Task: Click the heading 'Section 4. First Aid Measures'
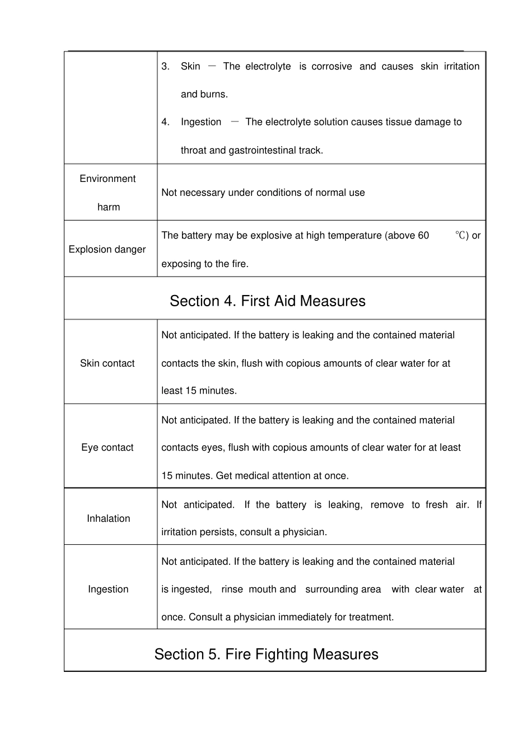(x=267, y=301)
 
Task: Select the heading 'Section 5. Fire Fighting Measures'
(x=266, y=654)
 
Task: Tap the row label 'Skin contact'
(x=108, y=363)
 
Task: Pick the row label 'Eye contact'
(x=108, y=447)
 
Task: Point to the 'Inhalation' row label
(x=108, y=518)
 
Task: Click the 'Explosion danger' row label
(x=107, y=249)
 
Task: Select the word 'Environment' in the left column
(x=108, y=179)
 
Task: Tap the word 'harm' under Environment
(x=108, y=207)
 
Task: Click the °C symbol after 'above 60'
(x=460, y=235)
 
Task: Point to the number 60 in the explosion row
(x=423, y=236)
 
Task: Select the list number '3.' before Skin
(x=165, y=66)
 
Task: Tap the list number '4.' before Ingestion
(x=165, y=122)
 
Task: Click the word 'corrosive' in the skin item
(x=332, y=66)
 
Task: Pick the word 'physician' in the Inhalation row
(x=305, y=532)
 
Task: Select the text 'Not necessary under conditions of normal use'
(x=263, y=193)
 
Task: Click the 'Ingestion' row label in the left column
(x=108, y=589)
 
